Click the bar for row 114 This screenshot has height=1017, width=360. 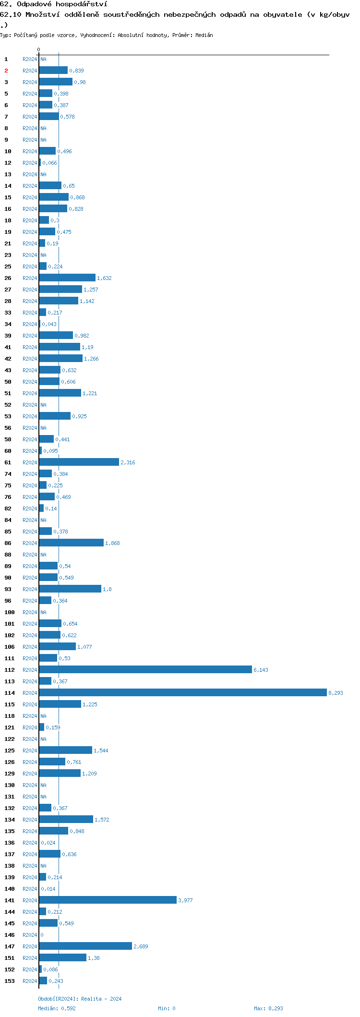tap(182, 692)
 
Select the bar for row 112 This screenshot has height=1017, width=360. tap(145, 669)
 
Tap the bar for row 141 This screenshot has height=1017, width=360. tap(108, 900)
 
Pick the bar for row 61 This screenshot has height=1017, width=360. tap(79, 462)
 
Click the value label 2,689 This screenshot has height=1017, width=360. tap(141, 946)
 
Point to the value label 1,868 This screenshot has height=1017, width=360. tap(112, 543)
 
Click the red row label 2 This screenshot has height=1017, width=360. tap(6, 71)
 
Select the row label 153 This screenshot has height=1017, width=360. tap(10, 981)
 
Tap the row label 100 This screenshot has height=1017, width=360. tap(10, 612)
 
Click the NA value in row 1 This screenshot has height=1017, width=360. tap(43, 59)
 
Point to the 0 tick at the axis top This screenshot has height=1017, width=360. tap(39, 49)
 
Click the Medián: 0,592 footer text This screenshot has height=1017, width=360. tap(57, 1008)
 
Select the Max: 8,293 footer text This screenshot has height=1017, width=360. tap(268, 1008)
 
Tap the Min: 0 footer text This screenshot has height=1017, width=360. tap(167, 1008)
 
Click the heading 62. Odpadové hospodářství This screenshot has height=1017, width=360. tap(54, 4)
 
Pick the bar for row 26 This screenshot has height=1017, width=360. tap(67, 278)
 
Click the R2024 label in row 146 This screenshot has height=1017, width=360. tap(30, 935)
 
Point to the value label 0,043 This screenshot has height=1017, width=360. tap(49, 324)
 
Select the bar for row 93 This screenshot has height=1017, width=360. tap(70, 589)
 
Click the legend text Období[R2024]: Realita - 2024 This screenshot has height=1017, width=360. tap(80, 999)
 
